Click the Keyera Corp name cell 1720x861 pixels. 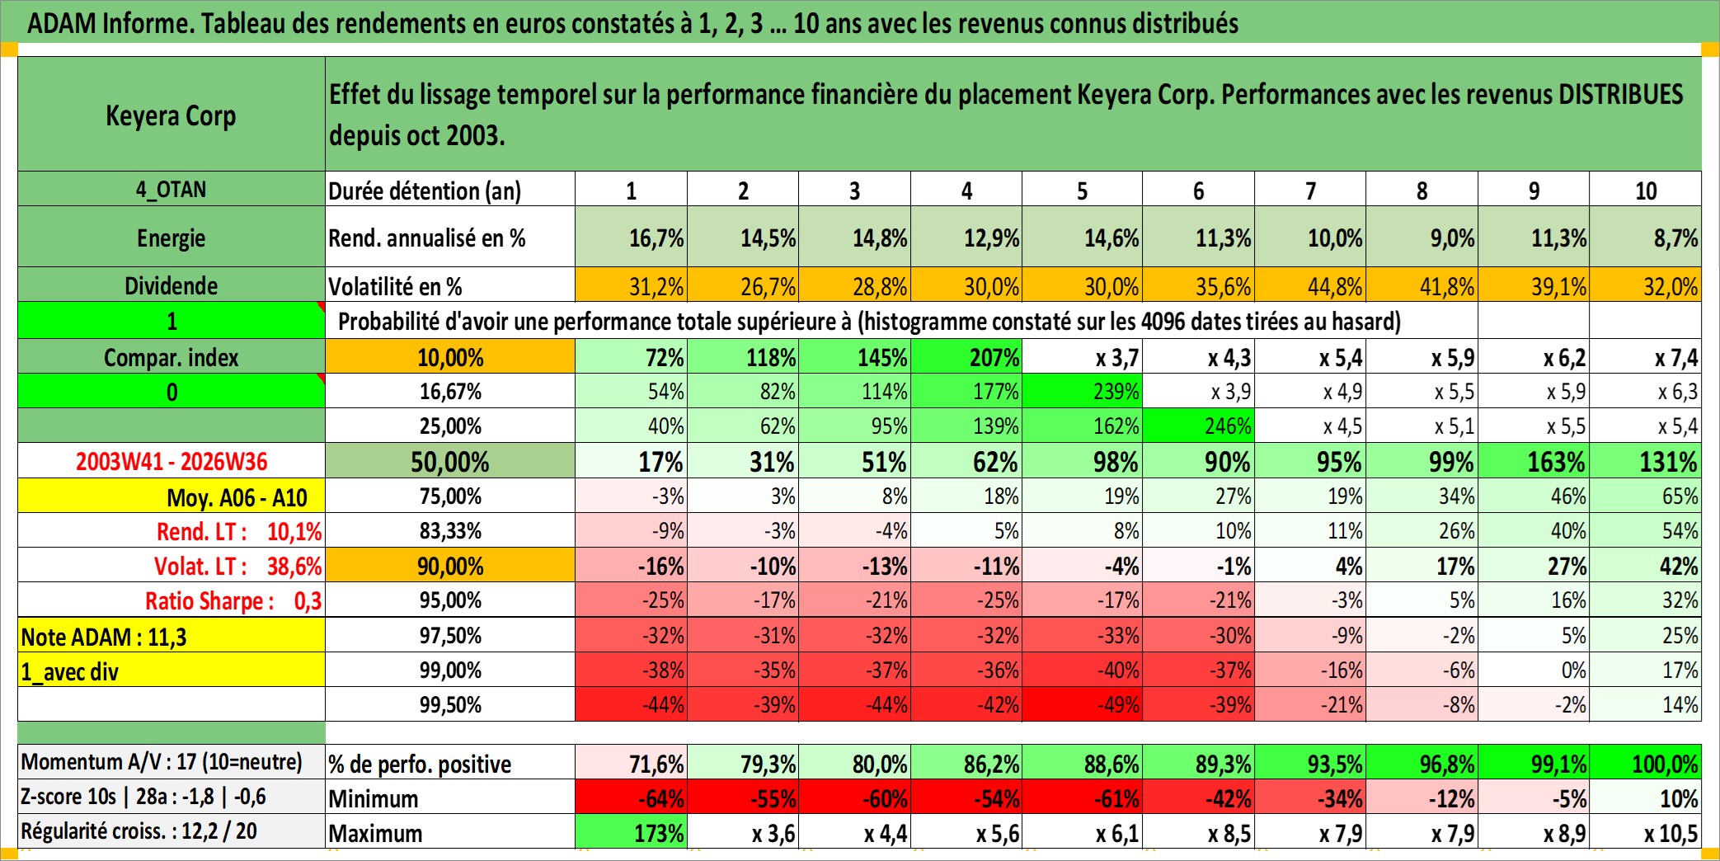pyautogui.click(x=172, y=115)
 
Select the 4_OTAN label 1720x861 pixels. pyautogui.click(x=172, y=190)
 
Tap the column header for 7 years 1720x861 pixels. pyautogui.click(x=1310, y=191)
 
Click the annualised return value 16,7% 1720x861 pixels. pyautogui.click(x=632, y=238)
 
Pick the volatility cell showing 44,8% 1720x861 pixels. pyautogui.click(x=1310, y=285)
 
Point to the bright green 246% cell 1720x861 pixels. pyautogui.click(x=1199, y=426)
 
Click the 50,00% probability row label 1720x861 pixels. pyautogui.click(x=450, y=461)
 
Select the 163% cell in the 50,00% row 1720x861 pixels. pyautogui.click(x=1534, y=461)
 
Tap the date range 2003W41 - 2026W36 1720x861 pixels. pyautogui.click(x=172, y=461)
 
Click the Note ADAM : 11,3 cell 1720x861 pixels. pyautogui.click(x=172, y=636)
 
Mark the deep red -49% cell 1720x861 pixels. pyautogui.click(x=1083, y=704)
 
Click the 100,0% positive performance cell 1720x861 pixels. pyautogui.click(x=1646, y=763)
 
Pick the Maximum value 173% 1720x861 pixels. pyautogui.click(x=632, y=832)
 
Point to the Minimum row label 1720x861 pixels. pyautogui.click(x=374, y=798)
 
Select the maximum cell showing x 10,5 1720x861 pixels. pyautogui.click(x=1646, y=832)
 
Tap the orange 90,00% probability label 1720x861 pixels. pyautogui.click(x=450, y=566)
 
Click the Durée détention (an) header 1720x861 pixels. pyautogui.click(x=425, y=191)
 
